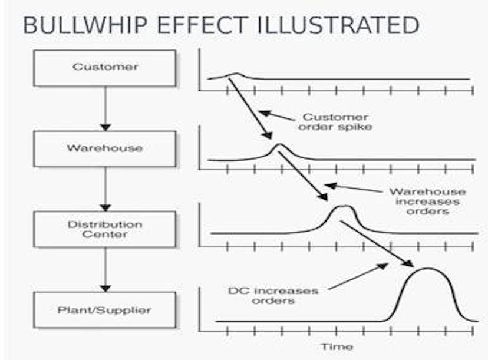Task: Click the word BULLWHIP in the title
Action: [85, 25]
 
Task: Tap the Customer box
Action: [105, 68]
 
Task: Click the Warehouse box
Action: [105, 148]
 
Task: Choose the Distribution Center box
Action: [105, 229]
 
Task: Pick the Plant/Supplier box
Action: [105, 310]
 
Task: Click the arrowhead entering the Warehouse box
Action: [105, 128]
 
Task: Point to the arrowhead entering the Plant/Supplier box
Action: [105, 289]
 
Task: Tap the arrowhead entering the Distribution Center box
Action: [105, 208]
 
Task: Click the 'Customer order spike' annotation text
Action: [335, 122]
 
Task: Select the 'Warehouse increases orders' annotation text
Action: [428, 202]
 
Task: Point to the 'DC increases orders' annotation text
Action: [273, 296]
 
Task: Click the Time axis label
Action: [337, 346]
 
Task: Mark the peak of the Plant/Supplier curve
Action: [428, 268]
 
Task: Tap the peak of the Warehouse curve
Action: [279, 144]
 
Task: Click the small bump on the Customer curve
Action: [236, 74]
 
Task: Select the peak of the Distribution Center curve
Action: [343, 206]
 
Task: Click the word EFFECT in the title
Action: [202, 25]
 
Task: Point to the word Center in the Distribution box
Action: [105, 235]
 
